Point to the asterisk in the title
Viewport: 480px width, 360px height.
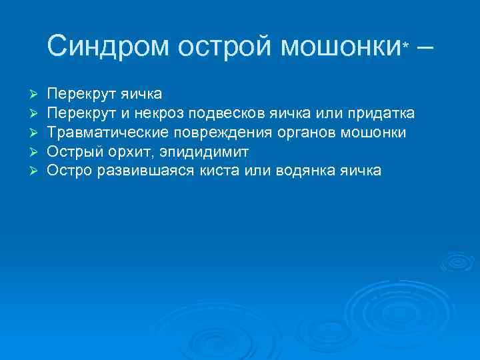click(407, 44)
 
